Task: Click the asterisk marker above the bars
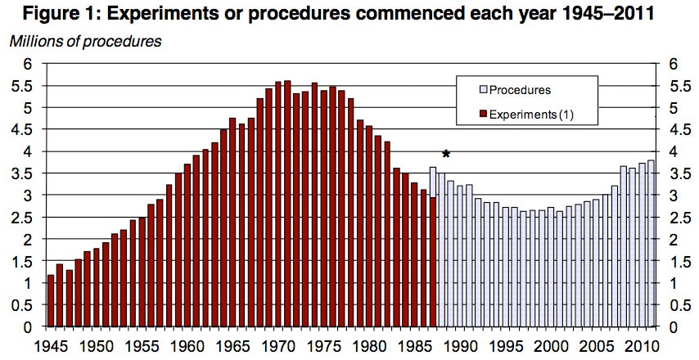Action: [446, 154]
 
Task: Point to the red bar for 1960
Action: [187, 245]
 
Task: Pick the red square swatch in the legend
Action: [484, 114]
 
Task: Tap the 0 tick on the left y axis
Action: [28, 327]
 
